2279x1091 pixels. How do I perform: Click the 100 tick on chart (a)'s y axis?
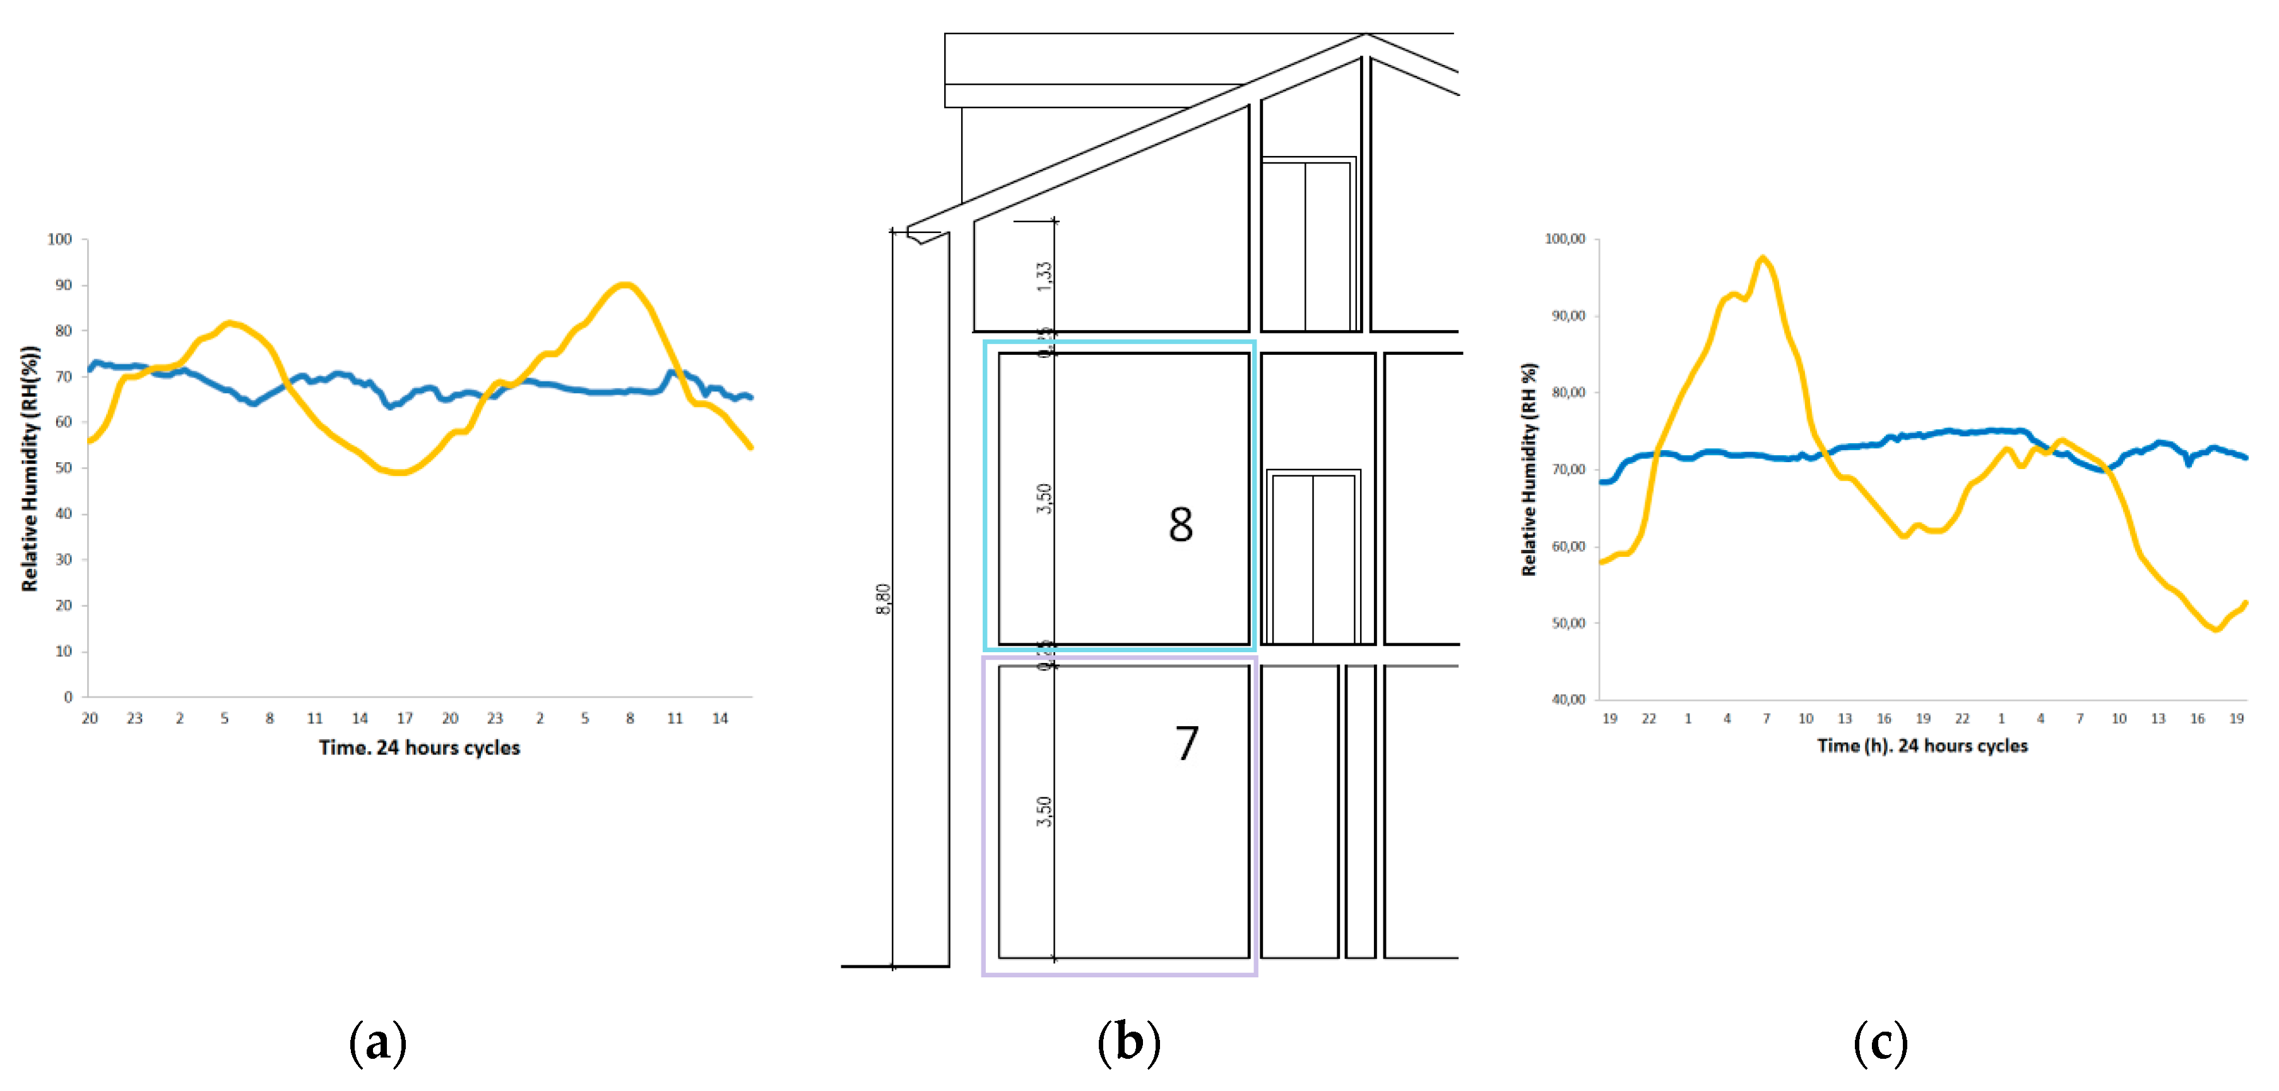[x=60, y=239]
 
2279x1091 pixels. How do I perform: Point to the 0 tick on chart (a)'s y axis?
[x=68, y=697]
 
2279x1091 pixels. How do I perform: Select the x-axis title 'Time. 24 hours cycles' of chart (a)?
[x=419, y=748]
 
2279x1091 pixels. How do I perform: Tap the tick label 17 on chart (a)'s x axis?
[x=405, y=718]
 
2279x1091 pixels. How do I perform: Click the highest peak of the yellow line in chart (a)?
[x=625, y=284]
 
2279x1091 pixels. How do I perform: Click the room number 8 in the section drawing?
[x=1180, y=525]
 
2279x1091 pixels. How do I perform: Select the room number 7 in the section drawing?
[x=1187, y=743]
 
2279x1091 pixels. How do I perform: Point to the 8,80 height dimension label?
[x=883, y=599]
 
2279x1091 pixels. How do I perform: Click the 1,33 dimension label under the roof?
[x=1045, y=276]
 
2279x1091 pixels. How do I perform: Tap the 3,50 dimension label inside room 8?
[x=1045, y=498]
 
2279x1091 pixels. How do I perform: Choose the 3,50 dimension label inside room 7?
[x=1045, y=811]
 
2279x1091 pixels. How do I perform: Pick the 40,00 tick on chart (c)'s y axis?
[x=1568, y=699]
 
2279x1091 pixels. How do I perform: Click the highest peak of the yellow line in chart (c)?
[x=1763, y=258]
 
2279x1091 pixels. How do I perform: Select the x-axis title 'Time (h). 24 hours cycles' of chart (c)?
[x=1922, y=746]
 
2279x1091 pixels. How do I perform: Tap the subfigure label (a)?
[x=378, y=1042]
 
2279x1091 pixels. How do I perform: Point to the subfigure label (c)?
[x=1880, y=1042]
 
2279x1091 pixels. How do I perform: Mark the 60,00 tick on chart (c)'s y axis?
[x=1568, y=546]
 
